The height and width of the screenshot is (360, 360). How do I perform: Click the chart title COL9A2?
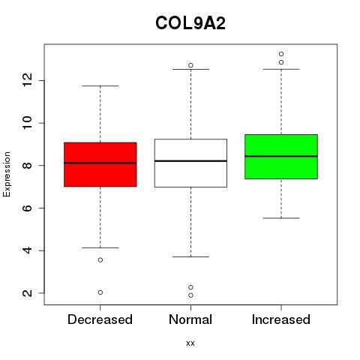(x=190, y=23)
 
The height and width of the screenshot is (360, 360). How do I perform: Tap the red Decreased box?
(x=100, y=164)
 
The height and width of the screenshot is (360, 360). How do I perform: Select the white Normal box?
(x=190, y=163)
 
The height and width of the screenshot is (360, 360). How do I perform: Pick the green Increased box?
(x=281, y=157)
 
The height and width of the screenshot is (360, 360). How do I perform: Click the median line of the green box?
(x=281, y=156)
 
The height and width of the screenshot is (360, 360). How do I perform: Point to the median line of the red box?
(x=100, y=163)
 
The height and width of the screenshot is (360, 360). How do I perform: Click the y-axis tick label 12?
(x=28, y=80)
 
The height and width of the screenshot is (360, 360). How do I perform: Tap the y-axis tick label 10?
(x=28, y=123)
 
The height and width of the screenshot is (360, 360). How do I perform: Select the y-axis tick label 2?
(x=28, y=293)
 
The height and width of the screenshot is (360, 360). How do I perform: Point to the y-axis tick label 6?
(x=28, y=208)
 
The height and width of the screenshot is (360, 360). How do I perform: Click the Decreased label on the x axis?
(x=100, y=319)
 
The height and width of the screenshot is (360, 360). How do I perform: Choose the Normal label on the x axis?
(x=190, y=319)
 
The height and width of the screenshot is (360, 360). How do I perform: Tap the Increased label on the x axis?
(x=281, y=319)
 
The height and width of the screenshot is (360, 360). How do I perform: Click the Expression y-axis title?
(x=7, y=174)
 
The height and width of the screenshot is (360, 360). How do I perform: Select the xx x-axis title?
(x=190, y=343)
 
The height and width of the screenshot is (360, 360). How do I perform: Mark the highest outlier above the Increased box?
(x=281, y=54)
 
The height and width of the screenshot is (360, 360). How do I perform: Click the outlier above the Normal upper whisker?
(x=190, y=65)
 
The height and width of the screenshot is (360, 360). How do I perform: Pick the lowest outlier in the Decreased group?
(x=100, y=292)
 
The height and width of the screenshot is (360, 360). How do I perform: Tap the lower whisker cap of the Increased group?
(x=281, y=218)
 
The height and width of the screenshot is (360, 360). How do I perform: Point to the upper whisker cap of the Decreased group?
(x=100, y=86)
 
